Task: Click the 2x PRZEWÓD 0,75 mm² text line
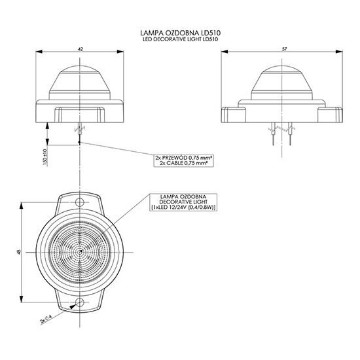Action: click(x=185, y=158)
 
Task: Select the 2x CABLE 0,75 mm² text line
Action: click(x=185, y=165)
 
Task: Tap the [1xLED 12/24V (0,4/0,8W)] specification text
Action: click(x=185, y=208)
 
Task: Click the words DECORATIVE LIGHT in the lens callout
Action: click(x=185, y=202)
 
